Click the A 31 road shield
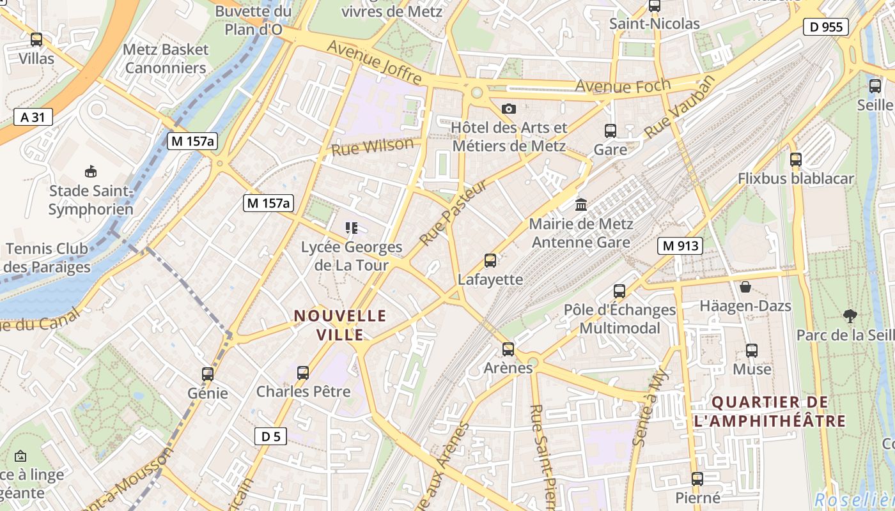33,117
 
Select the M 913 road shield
680,245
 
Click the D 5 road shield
270,436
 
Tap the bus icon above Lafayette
490,260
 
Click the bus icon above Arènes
508,349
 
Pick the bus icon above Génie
208,374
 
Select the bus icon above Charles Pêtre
303,372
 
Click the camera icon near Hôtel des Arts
509,109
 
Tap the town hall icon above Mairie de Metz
581,204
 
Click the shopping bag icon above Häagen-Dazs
745,286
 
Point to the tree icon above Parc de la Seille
850,316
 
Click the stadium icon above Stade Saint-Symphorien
91,171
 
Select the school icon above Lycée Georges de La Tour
351,227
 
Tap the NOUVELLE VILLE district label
340,325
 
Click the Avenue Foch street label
623,86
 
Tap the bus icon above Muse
752,350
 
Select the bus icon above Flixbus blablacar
796,159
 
